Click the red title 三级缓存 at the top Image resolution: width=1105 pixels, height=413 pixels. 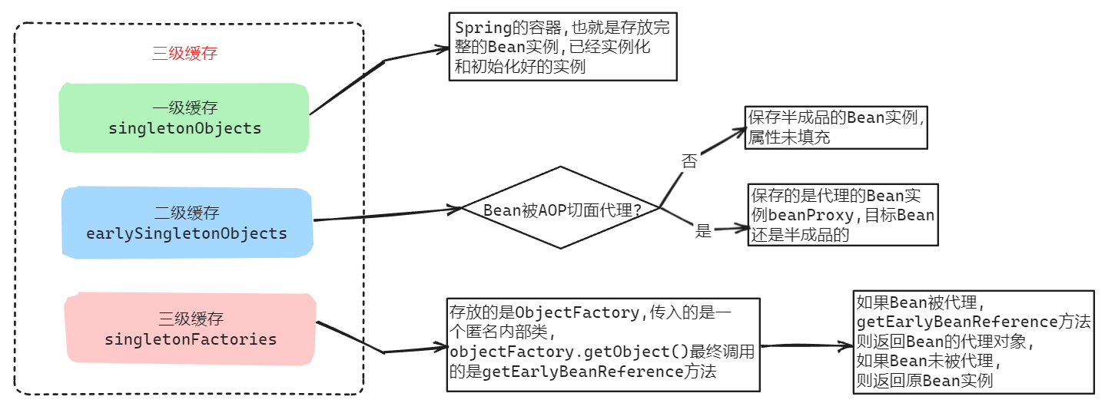[185, 53]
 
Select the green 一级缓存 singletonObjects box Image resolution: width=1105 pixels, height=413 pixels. [184, 117]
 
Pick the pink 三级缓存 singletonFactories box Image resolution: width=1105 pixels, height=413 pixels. [191, 328]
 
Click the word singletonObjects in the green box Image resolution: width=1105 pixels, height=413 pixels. [184, 128]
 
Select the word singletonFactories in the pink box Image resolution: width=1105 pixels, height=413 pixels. [191, 339]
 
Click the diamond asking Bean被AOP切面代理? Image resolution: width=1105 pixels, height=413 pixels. [560, 208]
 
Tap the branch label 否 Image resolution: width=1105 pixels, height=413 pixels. [689, 160]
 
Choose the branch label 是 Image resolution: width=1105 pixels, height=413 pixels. [703, 230]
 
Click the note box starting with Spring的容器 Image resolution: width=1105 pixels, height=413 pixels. [562, 48]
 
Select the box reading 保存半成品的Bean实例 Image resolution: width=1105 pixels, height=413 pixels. [836, 127]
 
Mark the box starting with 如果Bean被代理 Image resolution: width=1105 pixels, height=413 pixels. [973, 342]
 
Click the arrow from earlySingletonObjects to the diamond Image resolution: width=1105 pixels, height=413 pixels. [384, 214]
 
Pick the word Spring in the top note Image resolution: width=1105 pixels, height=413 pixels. [483, 28]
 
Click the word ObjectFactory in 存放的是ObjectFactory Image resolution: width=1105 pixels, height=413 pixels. [576, 312]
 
